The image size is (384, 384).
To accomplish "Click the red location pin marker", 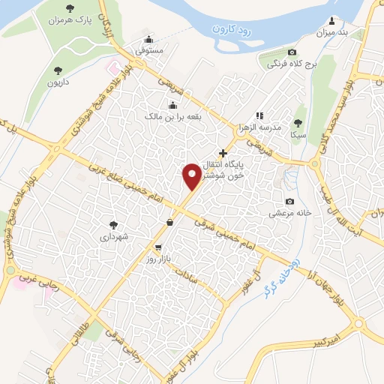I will coord(191,178).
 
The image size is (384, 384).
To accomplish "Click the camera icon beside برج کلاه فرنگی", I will coord(292,52).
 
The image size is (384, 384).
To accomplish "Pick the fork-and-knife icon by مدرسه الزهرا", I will coord(259,115).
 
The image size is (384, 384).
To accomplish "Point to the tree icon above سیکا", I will coord(298,123).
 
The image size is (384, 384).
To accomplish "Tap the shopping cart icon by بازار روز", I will coord(158,246).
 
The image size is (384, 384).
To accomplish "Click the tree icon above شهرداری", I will coord(113,223).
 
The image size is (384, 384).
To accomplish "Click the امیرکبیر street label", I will coord(332,341).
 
